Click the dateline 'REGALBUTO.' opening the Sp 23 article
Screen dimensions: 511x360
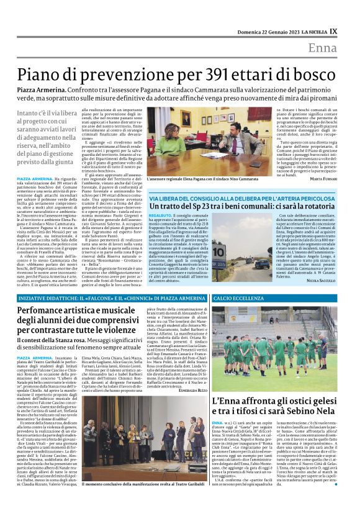(160, 215)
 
